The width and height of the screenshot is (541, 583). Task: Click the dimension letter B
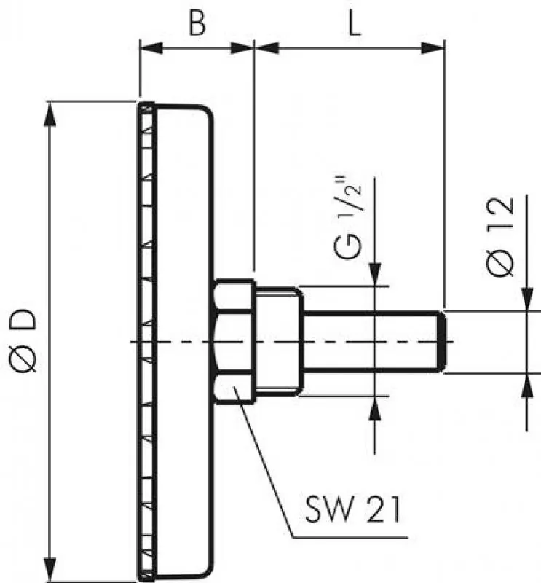(x=197, y=25)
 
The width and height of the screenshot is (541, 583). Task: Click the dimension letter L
(x=354, y=25)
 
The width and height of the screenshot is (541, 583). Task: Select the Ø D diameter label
(x=23, y=341)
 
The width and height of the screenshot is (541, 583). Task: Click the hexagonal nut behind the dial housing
(x=234, y=341)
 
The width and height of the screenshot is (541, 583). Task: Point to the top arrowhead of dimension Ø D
(x=50, y=111)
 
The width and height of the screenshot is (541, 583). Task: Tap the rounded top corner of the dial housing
(x=208, y=113)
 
